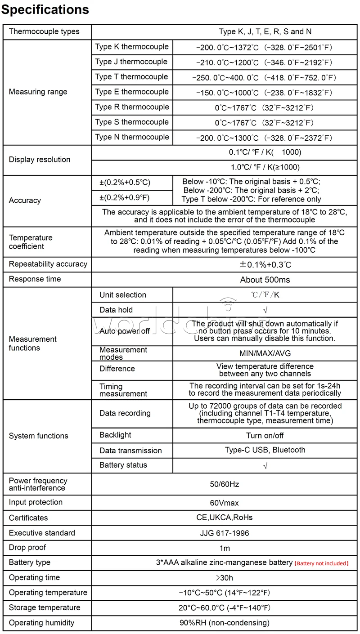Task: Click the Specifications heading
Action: pos(45,9)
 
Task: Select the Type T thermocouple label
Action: pos(131,77)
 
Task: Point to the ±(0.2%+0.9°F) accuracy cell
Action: pos(125,197)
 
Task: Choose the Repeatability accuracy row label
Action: pos(48,264)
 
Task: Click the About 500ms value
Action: pos(265,280)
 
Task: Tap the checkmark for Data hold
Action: pos(265,310)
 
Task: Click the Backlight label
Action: pos(115,435)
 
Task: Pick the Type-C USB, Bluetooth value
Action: pos(265,450)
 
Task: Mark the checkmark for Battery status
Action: pos(265,466)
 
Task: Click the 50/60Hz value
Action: pos(225,484)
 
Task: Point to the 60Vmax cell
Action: pos(225,502)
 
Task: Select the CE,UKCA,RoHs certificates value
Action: pos(225,518)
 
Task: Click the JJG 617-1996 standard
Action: pos(225,533)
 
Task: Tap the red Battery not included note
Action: pos(321,563)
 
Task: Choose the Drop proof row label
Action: pos(27,548)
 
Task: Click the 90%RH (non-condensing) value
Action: pos(225,623)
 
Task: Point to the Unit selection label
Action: pos(123,295)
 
